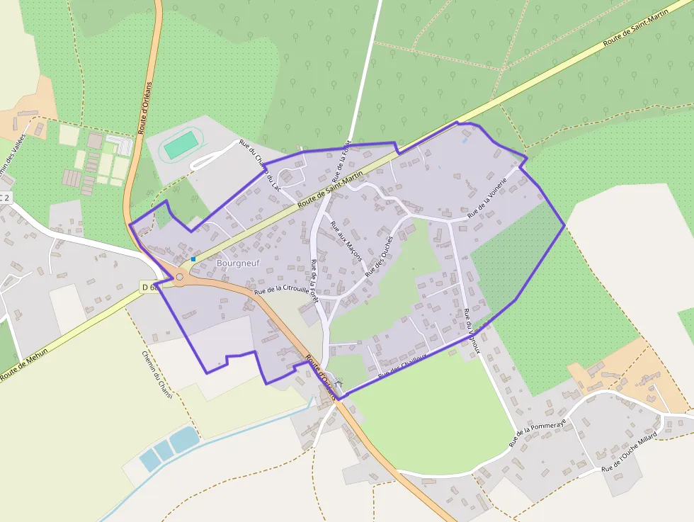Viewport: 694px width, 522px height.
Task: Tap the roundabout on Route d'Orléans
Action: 179,278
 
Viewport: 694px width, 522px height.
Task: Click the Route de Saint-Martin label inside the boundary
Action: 331,189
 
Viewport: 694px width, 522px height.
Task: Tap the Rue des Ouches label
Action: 379,256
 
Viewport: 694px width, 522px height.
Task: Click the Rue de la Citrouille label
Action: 281,289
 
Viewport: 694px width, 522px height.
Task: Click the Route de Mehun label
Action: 24,365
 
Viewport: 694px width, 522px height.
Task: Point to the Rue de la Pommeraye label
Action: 538,433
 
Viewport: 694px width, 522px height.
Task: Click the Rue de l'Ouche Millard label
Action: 629,451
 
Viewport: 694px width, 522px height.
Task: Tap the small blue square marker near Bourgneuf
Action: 193,259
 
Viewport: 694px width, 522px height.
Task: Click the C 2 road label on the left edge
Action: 5,198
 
